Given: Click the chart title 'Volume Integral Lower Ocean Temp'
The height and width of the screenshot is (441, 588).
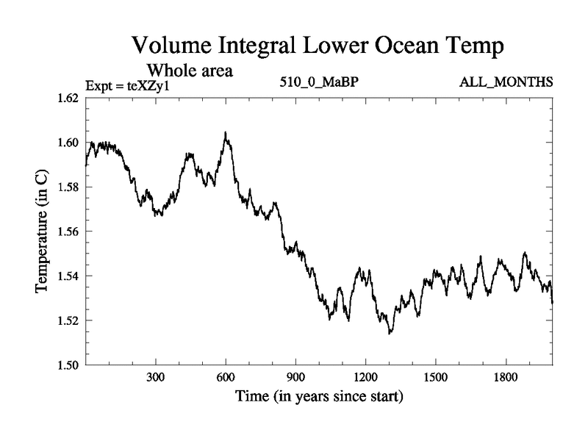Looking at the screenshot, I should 318,46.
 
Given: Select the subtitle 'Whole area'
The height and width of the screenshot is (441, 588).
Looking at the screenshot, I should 190,71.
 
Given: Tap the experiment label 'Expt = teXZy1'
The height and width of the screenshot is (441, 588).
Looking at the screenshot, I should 128,85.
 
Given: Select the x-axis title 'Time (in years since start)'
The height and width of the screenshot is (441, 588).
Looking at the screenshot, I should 319,398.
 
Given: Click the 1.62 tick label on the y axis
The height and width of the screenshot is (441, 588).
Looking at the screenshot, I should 68,98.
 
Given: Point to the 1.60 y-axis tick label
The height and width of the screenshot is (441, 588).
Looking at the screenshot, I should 68,143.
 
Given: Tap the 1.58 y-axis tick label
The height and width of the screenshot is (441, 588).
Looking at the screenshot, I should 68,187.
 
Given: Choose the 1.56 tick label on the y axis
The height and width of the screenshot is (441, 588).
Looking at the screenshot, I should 68,232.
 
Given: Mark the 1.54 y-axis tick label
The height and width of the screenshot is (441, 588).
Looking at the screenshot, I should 68,276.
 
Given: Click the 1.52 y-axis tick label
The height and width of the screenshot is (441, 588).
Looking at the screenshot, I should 68,320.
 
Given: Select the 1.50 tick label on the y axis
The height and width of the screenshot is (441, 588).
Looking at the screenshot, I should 68,365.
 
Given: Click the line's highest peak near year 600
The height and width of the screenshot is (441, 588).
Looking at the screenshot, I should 225,133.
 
